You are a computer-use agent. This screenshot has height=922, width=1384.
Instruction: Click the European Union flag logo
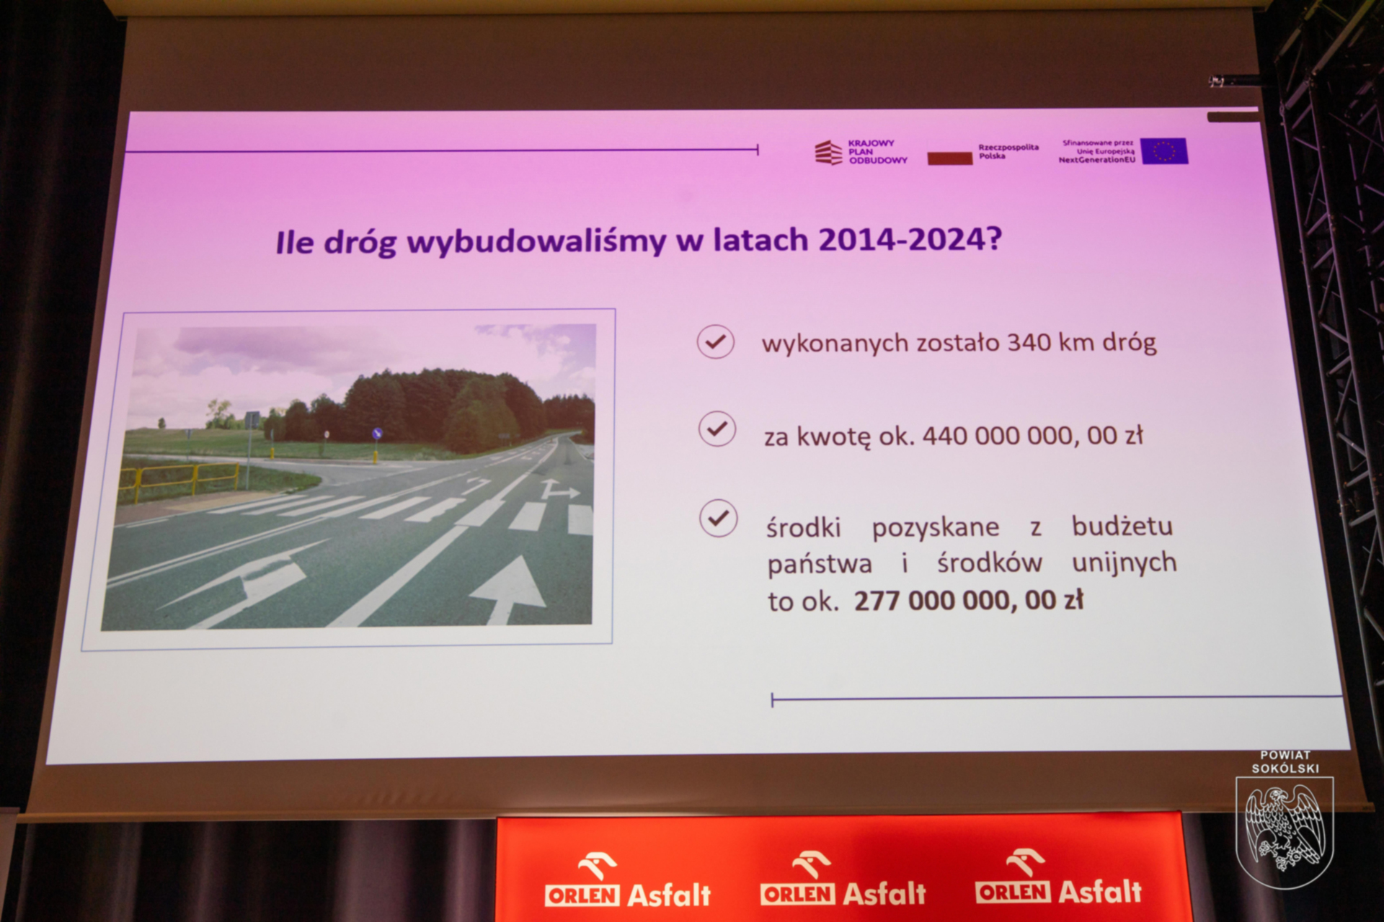coord(1164,151)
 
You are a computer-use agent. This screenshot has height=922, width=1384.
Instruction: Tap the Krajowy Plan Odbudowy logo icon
coord(828,153)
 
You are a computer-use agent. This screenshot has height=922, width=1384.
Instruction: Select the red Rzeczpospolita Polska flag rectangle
coord(949,158)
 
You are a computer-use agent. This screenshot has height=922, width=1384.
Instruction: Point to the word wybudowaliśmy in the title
coord(536,241)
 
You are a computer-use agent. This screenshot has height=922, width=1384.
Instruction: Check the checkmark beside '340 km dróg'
coord(716,341)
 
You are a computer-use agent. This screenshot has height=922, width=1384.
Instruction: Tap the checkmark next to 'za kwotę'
coord(717,429)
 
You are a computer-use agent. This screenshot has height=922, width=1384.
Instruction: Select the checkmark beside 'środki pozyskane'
coord(719,518)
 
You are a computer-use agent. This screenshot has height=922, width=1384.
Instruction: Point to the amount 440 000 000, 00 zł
coord(1033,436)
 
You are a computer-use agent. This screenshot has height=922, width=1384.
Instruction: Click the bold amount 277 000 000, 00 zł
coord(968,600)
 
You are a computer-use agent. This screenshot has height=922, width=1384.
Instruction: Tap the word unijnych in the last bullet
coord(1124,563)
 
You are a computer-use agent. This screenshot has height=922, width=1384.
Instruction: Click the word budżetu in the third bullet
coord(1122,526)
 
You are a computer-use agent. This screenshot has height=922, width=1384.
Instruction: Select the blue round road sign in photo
coord(376,434)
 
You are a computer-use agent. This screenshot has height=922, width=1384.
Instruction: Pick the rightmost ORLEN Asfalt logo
coord(1058,877)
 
